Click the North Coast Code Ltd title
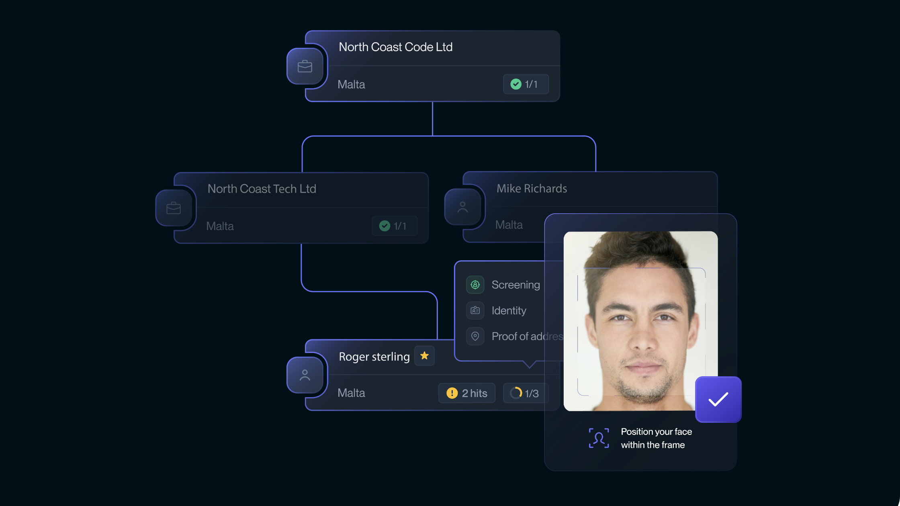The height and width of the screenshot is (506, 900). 395,47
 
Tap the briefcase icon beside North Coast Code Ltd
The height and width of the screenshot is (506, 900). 305,66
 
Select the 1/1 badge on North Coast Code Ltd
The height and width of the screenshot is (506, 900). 526,84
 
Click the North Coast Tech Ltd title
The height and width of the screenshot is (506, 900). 262,189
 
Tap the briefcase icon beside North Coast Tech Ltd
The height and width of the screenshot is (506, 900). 174,208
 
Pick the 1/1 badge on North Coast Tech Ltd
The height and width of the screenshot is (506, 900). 394,226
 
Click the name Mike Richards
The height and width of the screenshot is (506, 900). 532,188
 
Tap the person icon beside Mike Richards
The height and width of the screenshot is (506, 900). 462,207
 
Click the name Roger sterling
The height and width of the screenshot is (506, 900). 374,357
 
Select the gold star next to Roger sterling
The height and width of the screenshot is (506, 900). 424,356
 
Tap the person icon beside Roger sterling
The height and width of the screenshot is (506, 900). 305,375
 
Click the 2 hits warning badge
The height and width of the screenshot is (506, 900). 466,393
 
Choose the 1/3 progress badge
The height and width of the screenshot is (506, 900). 525,393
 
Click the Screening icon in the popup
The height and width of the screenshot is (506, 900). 475,285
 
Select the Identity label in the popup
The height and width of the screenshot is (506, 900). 509,310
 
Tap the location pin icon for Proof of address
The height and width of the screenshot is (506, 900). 475,336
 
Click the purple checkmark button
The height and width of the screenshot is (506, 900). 718,399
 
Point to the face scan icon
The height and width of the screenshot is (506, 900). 599,438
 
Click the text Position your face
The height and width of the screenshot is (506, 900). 656,432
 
